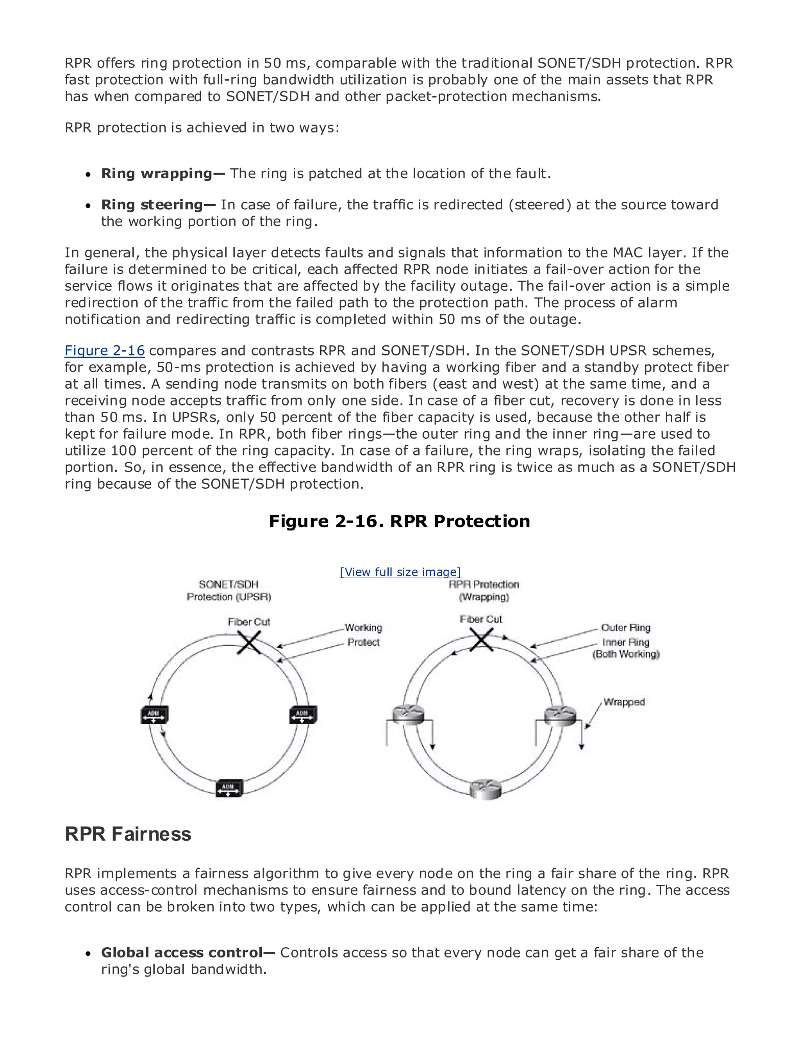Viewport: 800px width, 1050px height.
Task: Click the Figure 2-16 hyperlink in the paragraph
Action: coord(104,350)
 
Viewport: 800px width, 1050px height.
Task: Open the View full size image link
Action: coord(400,572)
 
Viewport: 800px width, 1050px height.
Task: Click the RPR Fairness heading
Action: coord(128,834)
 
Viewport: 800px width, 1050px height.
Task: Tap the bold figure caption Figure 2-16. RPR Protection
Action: coord(399,521)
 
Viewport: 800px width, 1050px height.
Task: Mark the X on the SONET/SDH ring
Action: coord(249,643)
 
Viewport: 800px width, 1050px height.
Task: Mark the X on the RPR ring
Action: coord(481,639)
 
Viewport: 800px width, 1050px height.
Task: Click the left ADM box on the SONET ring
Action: coord(154,715)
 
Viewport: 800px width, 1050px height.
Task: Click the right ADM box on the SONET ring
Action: coord(303,715)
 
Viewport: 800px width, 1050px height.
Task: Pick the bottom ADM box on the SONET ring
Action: coord(229,788)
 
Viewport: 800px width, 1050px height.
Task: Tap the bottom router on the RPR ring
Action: coord(485,789)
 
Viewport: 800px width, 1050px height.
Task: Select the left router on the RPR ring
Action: coord(408,715)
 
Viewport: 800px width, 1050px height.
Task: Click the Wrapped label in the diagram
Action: coord(624,702)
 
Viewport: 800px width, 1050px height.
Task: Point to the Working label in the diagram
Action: coord(363,628)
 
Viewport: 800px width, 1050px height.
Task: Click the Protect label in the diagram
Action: coord(363,642)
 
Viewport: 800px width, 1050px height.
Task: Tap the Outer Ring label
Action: coord(625,628)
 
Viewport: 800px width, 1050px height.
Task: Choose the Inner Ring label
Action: coord(625,642)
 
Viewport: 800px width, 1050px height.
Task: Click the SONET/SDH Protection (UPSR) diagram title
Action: coord(229,591)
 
